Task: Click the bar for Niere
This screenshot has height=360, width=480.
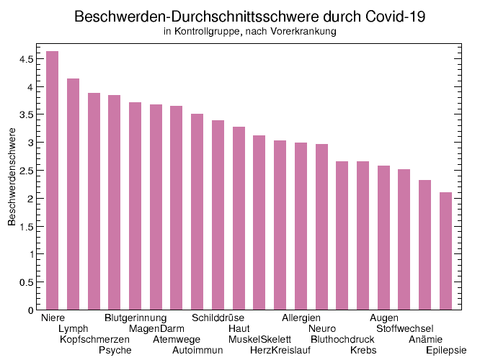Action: pos(52,181)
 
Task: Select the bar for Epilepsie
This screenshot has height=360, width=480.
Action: pos(445,251)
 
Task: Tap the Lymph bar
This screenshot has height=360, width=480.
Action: pos(73,194)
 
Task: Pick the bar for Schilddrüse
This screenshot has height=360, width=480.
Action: pos(218,215)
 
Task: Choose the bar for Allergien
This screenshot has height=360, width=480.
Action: pos(301,226)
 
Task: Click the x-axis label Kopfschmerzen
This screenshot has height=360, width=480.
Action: pos(94,339)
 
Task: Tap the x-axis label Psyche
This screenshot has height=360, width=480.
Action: pos(115,350)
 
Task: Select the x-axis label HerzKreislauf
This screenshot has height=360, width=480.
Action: pos(280,350)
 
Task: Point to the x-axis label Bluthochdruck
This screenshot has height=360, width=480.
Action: pos(342,339)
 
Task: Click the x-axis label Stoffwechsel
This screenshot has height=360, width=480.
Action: pos(404,328)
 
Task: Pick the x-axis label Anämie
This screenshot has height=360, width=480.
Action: pos(425,339)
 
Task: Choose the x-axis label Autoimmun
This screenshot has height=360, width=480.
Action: pos(197,350)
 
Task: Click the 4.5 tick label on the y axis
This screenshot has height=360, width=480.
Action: pos(26,59)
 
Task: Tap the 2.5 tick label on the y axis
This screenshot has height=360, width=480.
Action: pos(26,171)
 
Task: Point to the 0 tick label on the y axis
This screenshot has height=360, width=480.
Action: pos(31,310)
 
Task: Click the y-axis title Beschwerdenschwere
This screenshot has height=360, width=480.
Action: pos(12,177)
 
